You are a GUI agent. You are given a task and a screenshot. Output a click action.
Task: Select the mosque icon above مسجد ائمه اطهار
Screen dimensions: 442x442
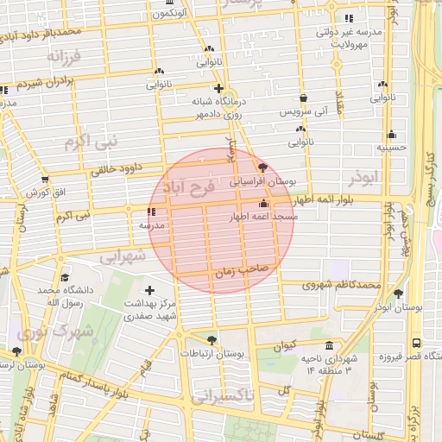coord(263,204)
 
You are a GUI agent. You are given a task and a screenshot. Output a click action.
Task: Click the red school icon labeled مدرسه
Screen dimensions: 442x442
coord(152,211)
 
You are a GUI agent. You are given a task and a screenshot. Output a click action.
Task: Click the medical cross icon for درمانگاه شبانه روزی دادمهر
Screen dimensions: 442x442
coord(218,89)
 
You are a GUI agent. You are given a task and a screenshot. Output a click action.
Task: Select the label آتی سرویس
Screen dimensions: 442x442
coord(303,112)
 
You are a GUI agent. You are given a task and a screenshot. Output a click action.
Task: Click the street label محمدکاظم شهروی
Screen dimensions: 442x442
coord(342,284)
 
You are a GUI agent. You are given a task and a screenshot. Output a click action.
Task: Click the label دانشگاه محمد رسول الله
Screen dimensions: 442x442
coord(59,298)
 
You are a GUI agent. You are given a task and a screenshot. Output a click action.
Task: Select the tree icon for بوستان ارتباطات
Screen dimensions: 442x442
coord(212,339)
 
